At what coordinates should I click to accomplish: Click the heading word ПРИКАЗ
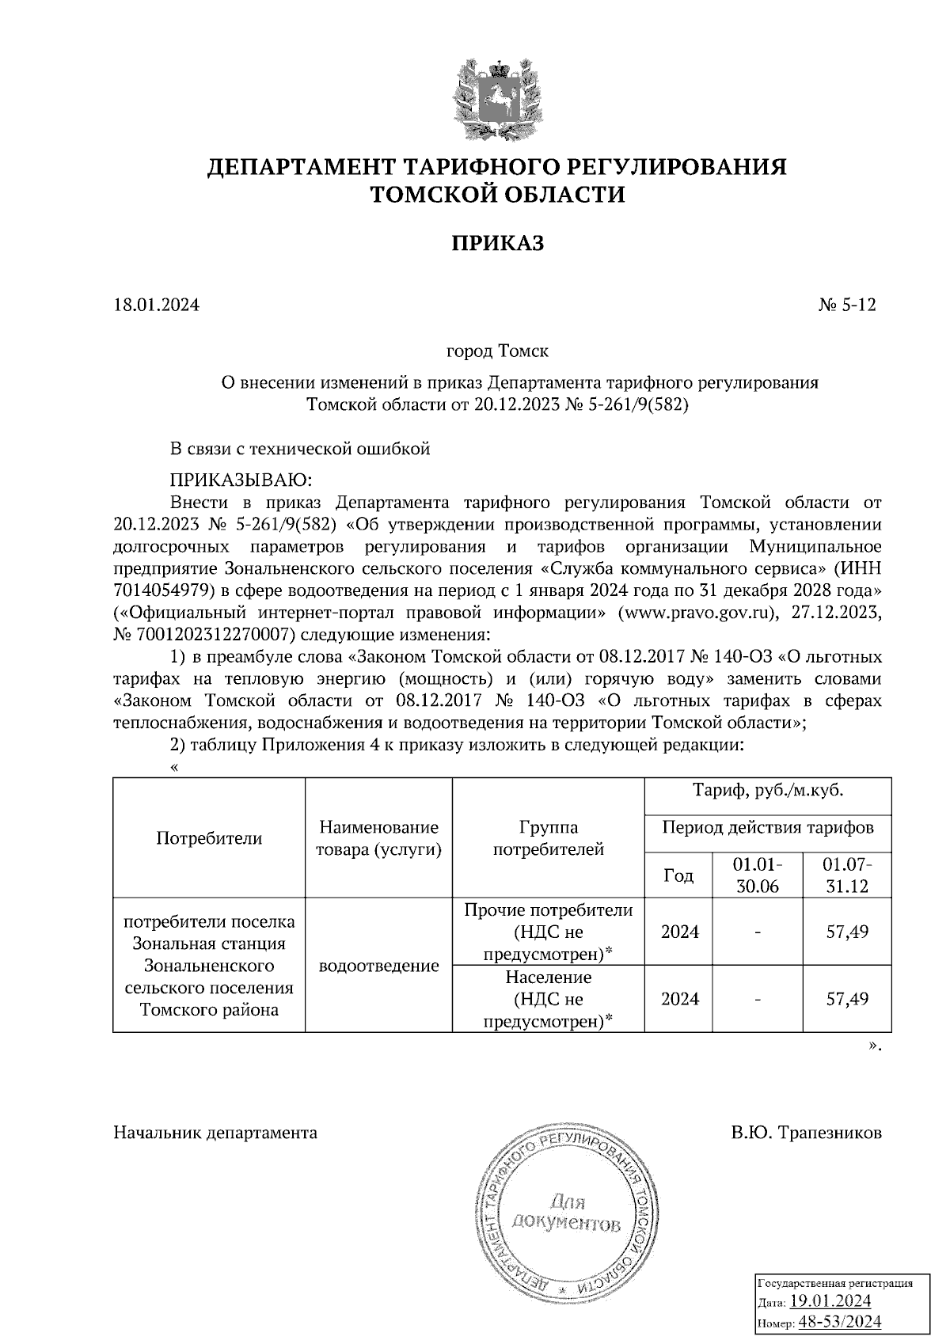(497, 243)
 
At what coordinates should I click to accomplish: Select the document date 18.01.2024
(156, 305)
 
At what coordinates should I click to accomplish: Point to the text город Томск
(497, 350)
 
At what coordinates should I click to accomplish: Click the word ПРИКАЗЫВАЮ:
(241, 480)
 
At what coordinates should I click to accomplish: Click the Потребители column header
(209, 838)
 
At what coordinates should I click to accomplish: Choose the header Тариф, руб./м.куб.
(767, 790)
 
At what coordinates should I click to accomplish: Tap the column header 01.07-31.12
(846, 875)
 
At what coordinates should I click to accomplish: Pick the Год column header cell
(678, 875)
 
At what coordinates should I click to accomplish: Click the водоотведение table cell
(378, 966)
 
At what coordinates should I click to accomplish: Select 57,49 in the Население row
(846, 999)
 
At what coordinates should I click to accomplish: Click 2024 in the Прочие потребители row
(679, 932)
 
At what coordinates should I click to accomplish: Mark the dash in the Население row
(757, 1000)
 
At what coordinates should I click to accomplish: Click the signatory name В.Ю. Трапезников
(806, 1133)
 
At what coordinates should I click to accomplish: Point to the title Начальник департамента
(215, 1133)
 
